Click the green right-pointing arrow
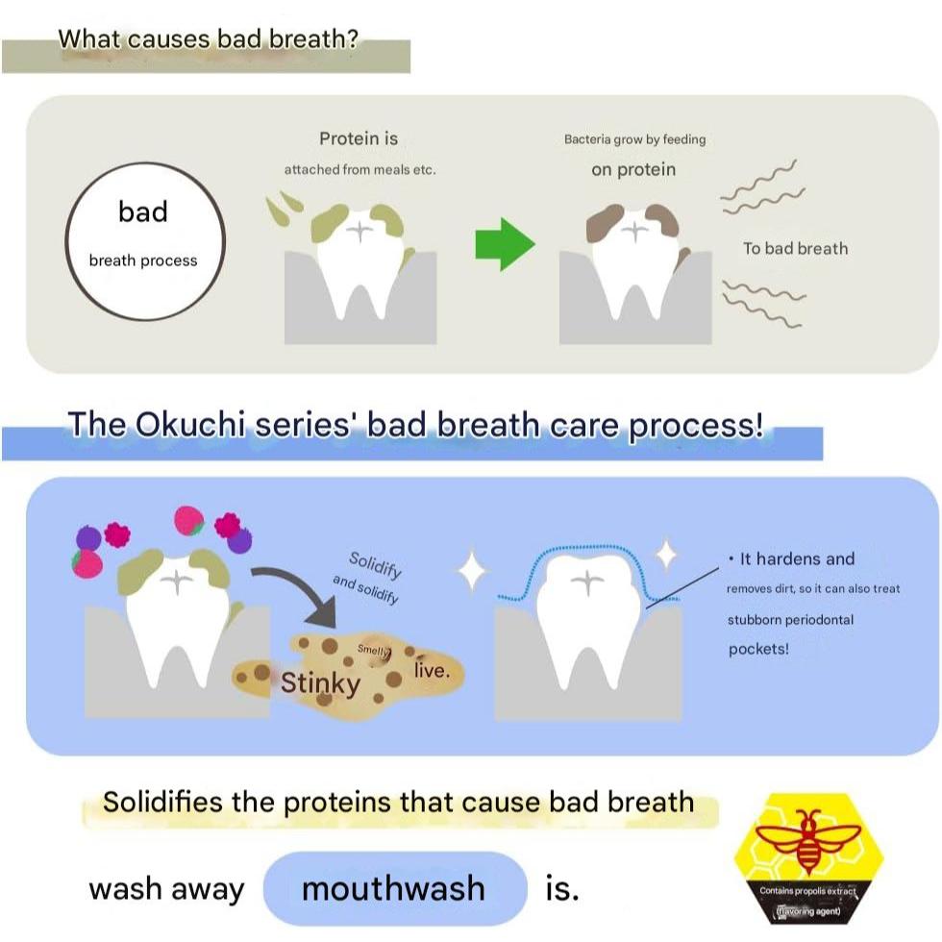(x=505, y=248)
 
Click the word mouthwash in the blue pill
(x=393, y=888)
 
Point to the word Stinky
(x=320, y=683)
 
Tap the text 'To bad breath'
(x=795, y=248)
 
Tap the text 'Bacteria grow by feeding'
(x=634, y=139)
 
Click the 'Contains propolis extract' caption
(x=807, y=891)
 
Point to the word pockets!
(x=758, y=648)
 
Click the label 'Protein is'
(x=359, y=138)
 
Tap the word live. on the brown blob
(x=431, y=670)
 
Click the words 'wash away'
(x=166, y=889)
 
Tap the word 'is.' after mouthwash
(x=562, y=889)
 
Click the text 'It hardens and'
(x=797, y=558)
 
